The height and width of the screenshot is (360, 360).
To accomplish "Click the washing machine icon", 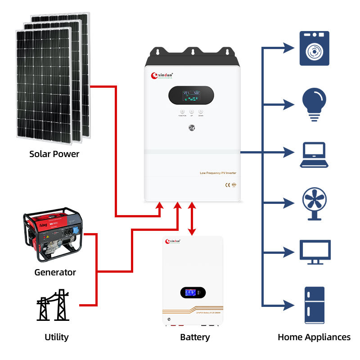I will click(x=315, y=49).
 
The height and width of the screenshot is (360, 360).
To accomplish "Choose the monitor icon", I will click(x=315, y=252).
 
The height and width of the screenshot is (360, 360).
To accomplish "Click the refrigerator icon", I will click(x=315, y=305).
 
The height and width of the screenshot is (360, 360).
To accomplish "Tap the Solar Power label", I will click(x=54, y=154).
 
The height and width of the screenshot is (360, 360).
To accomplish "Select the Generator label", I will click(x=55, y=272).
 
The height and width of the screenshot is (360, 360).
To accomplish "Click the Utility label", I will click(x=57, y=337).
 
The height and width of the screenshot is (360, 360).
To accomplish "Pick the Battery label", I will click(x=195, y=337).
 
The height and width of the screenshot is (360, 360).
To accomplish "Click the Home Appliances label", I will click(x=314, y=337).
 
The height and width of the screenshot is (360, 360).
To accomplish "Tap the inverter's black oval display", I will click(x=191, y=95).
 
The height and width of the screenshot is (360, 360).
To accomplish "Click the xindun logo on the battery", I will click(x=175, y=242).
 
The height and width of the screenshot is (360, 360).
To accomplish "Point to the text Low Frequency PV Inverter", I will click(x=218, y=173).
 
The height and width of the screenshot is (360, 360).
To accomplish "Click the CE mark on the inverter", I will click(x=228, y=184).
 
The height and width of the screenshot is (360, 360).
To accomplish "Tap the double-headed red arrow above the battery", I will click(x=192, y=219).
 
